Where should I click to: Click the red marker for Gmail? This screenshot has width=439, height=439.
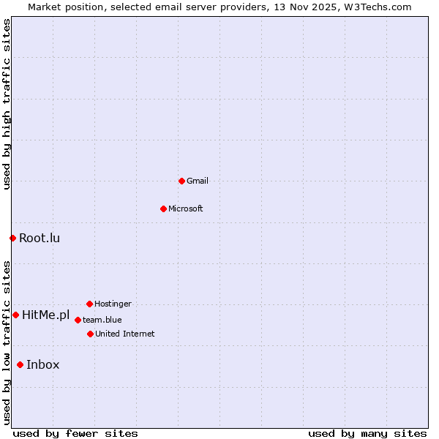pos(181,181)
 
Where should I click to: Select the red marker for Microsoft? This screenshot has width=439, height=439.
pos(163,209)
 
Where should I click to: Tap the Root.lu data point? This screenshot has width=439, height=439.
pos(12,238)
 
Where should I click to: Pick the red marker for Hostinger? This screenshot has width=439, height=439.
pos(89,304)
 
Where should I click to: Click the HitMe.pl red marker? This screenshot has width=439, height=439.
pos(15,315)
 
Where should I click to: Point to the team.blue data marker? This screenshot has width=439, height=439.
pos(78,320)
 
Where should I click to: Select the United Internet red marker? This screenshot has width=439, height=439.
pos(90,334)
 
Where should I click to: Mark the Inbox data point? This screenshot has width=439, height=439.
pos(20,364)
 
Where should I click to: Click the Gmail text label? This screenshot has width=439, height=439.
pos(198,181)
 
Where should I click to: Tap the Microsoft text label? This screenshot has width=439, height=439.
pos(186,209)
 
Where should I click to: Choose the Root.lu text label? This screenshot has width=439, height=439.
pos(40,238)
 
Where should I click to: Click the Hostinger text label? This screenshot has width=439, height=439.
pos(113,304)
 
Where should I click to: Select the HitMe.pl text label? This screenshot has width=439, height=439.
pos(45,315)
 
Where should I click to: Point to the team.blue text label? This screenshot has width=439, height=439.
pos(102,320)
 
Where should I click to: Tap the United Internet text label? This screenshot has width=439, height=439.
pos(125,334)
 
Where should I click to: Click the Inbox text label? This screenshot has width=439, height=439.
pos(43,365)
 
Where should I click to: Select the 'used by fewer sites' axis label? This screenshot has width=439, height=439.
pos(75,433)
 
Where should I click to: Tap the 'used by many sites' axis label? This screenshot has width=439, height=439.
pos(367,433)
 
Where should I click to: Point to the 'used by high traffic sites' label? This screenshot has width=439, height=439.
pos(7,104)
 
